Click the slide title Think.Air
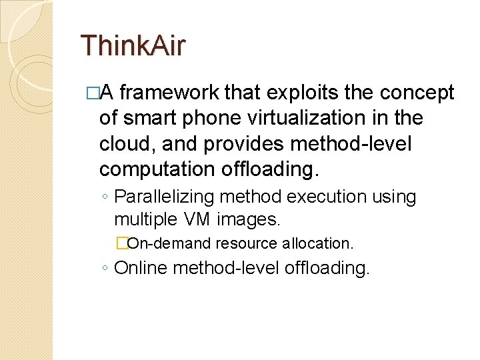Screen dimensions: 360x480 pyautogui.click(x=133, y=46)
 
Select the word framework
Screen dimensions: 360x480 pyautogui.click(x=171, y=94)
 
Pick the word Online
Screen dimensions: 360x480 pyautogui.click(x=141, y=268)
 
